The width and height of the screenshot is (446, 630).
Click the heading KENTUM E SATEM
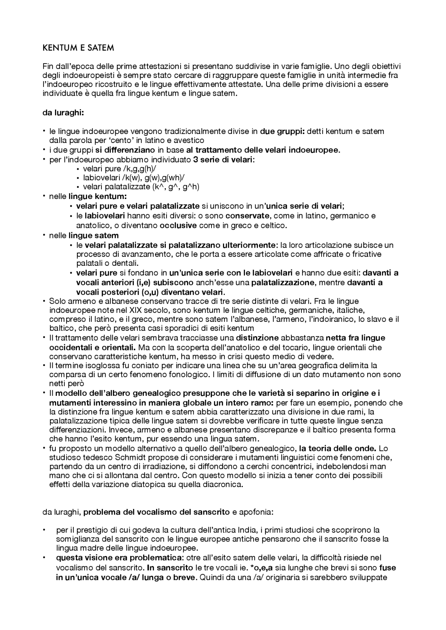tap(78, 48)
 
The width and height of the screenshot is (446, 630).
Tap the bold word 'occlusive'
tap(178, 225)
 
